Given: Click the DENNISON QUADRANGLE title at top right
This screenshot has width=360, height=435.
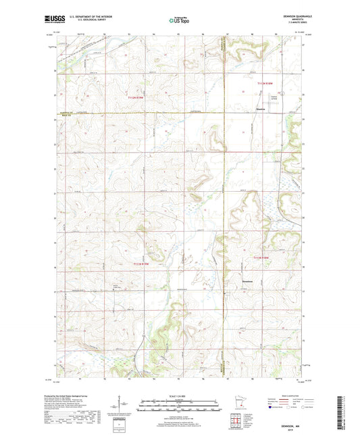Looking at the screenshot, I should pyautogui.click(x=290, y=16).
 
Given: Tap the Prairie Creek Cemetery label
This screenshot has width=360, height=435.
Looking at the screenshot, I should pyautogui.click(x=115, y=286).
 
